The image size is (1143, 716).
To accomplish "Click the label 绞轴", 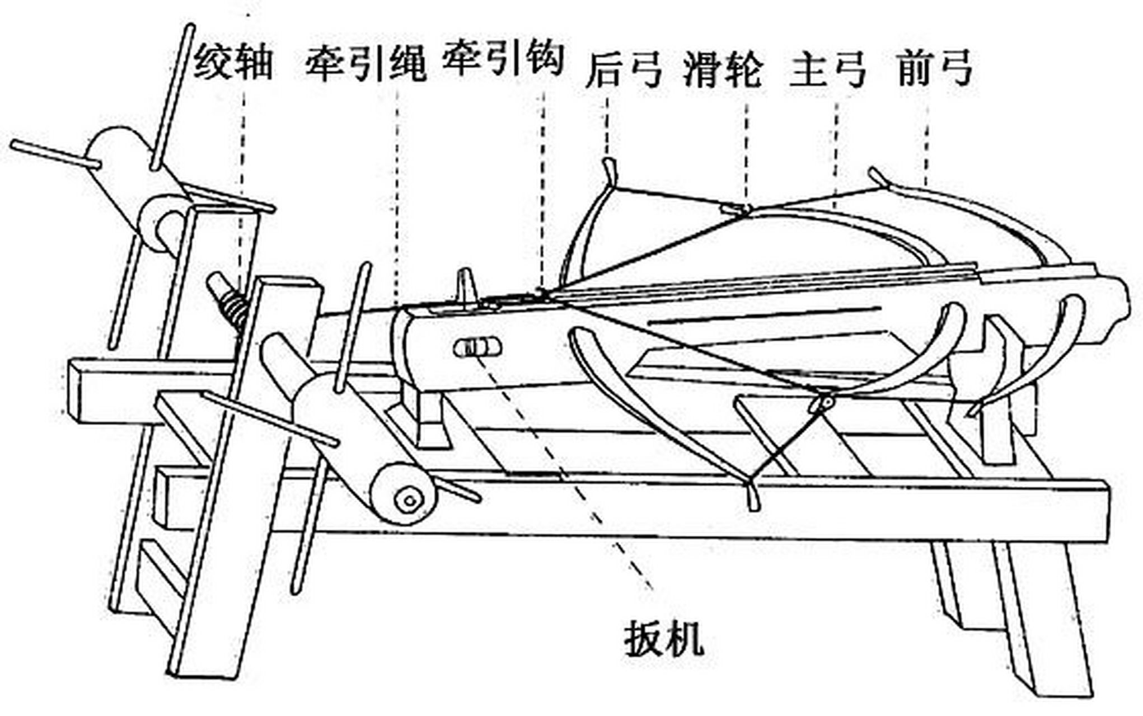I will click(x=233, y=63).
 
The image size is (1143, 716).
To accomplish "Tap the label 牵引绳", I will click(x=365, y=63).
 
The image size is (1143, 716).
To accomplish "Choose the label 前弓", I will click(x=935, y=68).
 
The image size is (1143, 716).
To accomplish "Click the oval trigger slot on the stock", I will click(x=477, y=348).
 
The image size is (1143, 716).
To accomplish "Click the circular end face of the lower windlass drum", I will click(x=410, y=500).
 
